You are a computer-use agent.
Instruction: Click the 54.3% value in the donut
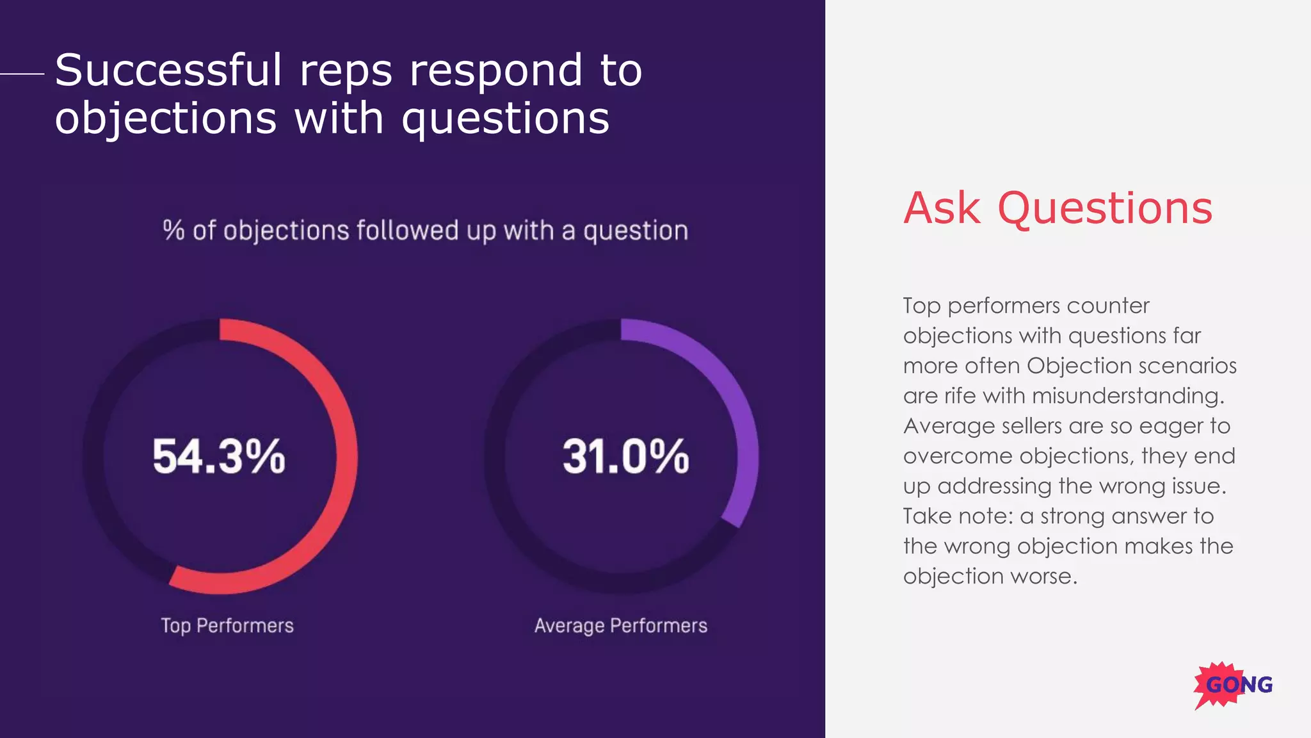[219, 457]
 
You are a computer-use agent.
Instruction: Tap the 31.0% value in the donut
[625, 457]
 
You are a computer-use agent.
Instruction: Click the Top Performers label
[227, 625]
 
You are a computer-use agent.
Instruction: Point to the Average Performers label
[621, 625]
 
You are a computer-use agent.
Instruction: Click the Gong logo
[1234, 685]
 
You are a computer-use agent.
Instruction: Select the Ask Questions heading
[1058, 208]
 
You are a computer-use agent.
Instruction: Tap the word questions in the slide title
[505, 119]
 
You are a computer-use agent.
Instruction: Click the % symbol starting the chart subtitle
[173, 230]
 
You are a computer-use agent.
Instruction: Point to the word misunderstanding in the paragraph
[1127, 396]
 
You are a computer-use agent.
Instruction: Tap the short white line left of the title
[22, 74]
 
